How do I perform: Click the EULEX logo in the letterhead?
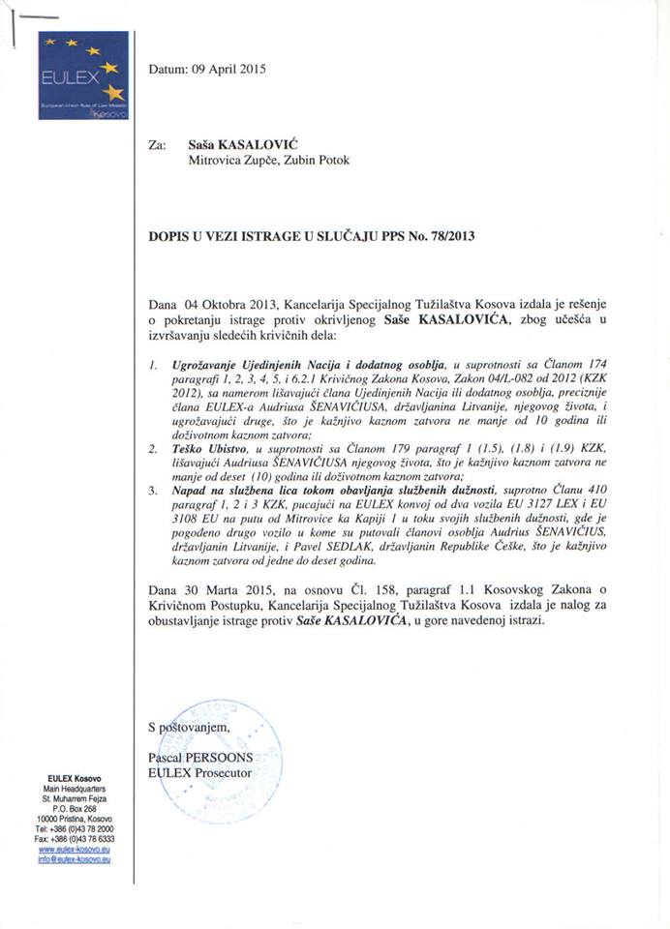(83, 75)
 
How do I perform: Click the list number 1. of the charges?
(154, 364)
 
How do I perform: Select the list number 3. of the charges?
(154, 493)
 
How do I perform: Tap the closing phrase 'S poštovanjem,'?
(190, 726)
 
